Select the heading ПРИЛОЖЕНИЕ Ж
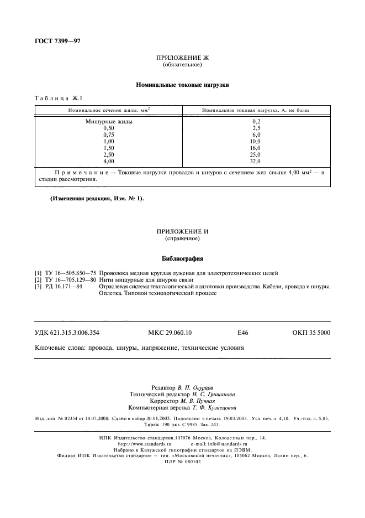[182, 58]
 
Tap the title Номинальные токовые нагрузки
[182, 85]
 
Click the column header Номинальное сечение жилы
[109, 110]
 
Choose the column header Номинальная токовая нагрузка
[256, 110]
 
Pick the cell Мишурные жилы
[109, 121]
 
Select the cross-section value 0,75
[109, 134]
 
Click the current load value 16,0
[255, 148]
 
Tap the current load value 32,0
[255, 161]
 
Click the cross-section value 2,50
[109, 154]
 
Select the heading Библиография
[182, 258]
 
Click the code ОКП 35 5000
[311, 333]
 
